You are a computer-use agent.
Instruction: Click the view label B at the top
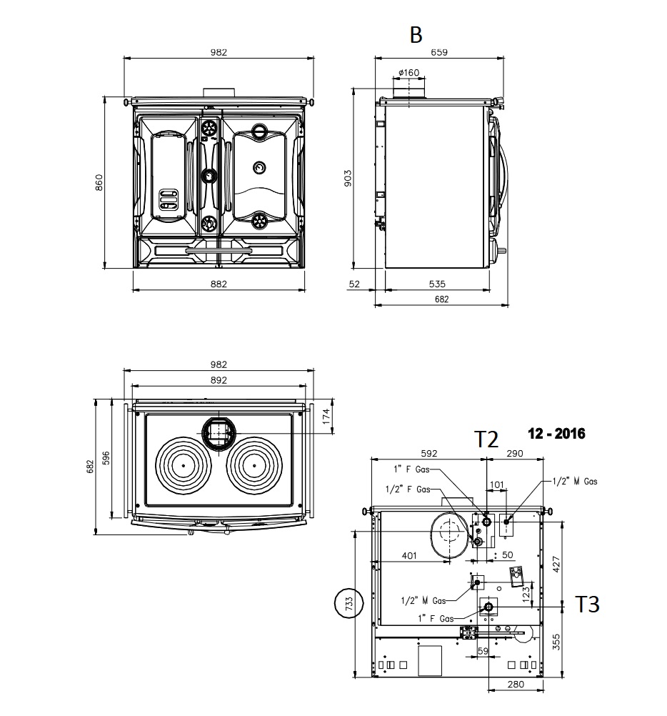point(416,35)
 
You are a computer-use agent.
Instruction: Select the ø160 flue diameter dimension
point(408,73)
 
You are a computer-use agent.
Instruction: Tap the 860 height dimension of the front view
point(99,183)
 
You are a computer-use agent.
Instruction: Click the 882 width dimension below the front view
point(219,284)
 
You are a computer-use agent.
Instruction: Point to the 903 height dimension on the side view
point(348,179)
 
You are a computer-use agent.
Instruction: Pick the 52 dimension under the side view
point(354,284)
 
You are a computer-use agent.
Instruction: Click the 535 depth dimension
point(436,284)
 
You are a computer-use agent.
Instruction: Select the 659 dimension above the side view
point(439,52)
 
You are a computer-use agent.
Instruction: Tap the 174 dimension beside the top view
point(326,417)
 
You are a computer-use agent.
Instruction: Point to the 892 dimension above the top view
point(219,380)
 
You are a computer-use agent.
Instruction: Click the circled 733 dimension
point(349,603)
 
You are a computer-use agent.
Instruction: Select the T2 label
point(487,439)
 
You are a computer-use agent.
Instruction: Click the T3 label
point(587,604)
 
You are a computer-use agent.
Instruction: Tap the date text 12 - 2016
point(556,433)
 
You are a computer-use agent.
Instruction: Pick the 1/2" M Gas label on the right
point(575,481)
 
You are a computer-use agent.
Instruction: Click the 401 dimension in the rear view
point(408,555)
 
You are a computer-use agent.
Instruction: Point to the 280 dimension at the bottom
point(516,684)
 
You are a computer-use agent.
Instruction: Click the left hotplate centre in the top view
point(184,465)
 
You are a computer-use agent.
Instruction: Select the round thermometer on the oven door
point(260,167)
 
